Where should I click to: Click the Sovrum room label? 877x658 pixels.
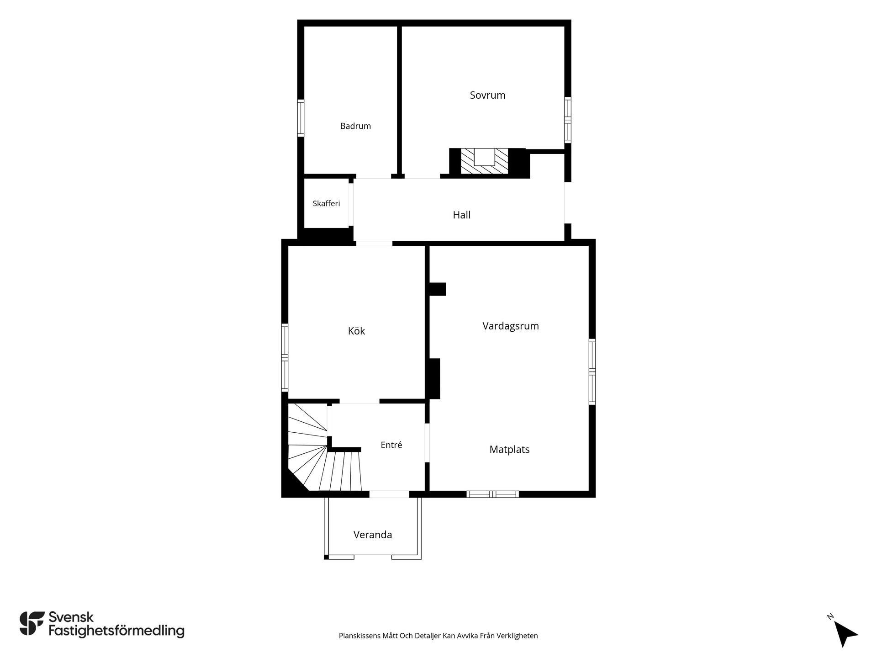pos(487,96)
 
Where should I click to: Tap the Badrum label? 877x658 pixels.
pos(355,126)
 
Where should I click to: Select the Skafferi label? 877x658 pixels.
pos(326,203)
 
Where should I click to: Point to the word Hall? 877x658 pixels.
pos(461,215)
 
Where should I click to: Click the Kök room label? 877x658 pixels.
pos(356,331)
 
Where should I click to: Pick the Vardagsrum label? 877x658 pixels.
pos(511,326)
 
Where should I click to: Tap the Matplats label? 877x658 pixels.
pos(509,450)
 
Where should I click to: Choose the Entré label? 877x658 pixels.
pos(391,445)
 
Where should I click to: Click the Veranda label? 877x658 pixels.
pos(373,535)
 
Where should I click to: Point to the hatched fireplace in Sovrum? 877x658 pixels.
pos(484,161)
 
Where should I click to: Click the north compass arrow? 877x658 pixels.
pos(845,633)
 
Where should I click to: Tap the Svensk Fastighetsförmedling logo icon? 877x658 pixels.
pos(32,623)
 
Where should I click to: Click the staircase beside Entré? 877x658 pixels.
pos(322,457)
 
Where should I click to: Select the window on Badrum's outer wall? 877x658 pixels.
pos(301,118)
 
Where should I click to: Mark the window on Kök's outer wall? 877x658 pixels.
pos(285,357)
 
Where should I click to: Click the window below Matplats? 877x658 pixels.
pos(492,494)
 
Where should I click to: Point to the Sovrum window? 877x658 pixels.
pos(568,120)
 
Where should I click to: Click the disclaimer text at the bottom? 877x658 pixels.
pos(438,636)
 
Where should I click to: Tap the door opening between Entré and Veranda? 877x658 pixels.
pos(389,494)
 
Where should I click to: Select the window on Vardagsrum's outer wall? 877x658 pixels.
pos(592,372)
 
